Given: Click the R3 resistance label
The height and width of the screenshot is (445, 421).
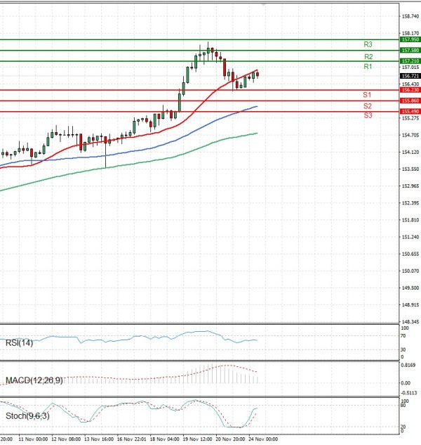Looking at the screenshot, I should pos(368,44).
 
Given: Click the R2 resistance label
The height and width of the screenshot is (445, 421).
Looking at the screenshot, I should pos(368,56).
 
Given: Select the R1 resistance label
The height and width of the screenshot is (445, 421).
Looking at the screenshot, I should pos(368,66).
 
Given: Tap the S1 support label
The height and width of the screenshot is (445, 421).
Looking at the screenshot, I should pos(367,94).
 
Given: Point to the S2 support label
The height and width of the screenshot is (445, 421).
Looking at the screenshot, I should pos(367,105).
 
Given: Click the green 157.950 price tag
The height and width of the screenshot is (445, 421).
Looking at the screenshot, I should pos(410,40).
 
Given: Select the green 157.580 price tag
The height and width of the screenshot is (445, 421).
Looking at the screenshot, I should pos(410,51).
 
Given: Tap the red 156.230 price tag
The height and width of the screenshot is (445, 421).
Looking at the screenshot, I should pos(410,90).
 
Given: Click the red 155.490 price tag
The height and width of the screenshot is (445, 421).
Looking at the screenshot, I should pos(410,112).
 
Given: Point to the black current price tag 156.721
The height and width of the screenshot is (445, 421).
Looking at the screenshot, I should pos(410,76).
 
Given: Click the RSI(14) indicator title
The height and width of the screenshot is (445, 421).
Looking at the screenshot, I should pos(20,343).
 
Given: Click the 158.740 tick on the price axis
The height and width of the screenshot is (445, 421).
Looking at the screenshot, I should pos(410,15).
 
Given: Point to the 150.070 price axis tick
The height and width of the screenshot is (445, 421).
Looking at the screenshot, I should pos(410,271).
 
